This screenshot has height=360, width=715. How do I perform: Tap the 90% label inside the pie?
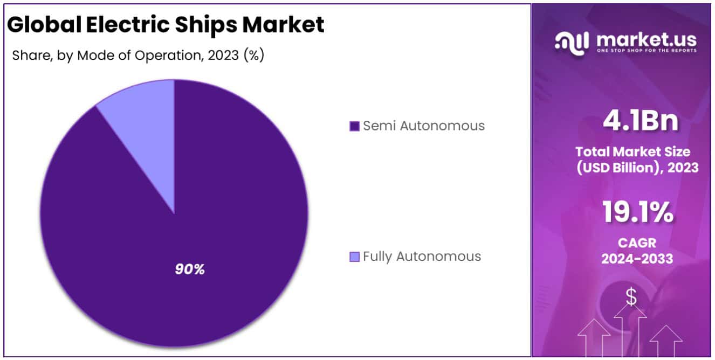coord(190,269)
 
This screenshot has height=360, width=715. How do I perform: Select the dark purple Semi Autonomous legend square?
coord(354,126)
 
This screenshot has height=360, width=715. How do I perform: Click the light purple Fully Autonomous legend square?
coord(354,257)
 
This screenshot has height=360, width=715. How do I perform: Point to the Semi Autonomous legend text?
coord(423,126)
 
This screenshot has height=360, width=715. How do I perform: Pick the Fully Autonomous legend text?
coord(422,257)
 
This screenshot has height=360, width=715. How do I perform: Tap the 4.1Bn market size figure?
coord(640,121)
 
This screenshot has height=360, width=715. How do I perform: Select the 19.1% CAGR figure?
coord(637,212)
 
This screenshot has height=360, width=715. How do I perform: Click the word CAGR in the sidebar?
coord(637,243)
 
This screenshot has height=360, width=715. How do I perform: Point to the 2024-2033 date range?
coord(637,259)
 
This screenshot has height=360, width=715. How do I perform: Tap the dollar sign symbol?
coord(631,296)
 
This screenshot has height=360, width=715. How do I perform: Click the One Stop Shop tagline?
coord(646,51)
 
